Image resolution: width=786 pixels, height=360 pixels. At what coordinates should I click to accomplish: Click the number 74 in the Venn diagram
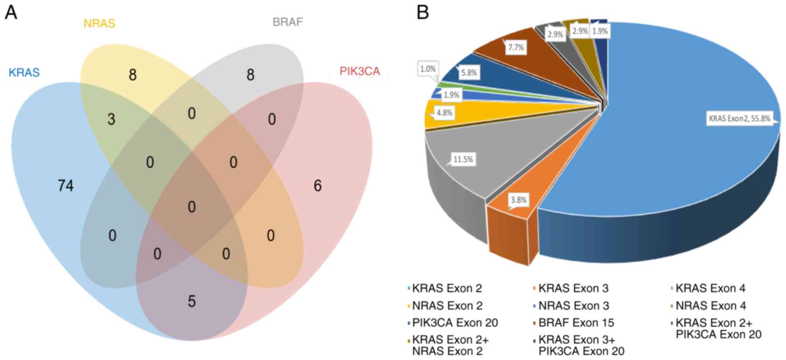[65, 186]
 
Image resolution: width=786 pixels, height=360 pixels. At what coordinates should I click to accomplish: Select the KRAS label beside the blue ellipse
[24, 73]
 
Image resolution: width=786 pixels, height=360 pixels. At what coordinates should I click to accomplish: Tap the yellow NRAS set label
[99, 24]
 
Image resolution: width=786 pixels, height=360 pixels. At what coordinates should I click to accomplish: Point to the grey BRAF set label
[287, 22]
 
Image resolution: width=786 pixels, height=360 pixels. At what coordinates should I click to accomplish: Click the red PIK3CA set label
[359, 72]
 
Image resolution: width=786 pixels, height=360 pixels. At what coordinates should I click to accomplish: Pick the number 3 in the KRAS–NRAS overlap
[111, 119]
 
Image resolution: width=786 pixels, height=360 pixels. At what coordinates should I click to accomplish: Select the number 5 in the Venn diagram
[192, 302]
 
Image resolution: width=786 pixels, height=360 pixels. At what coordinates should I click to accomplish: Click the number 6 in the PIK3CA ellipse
[318, 186]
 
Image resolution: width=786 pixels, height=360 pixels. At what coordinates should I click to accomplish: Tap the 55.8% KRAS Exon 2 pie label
[739, 119]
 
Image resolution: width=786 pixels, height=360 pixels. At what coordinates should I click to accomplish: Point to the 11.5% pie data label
[463, 159]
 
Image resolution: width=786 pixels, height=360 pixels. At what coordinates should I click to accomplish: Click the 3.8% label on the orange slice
[518, 200]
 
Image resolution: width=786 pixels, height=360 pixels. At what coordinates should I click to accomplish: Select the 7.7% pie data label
[516, 48]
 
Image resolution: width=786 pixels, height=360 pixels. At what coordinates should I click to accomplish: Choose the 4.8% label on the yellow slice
[444, 113]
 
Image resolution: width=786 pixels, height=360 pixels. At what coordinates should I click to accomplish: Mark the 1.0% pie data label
[428, 69]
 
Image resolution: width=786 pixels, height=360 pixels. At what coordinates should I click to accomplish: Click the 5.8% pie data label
[469, 72]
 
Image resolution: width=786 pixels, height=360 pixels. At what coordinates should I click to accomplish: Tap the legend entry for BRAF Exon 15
[576, 323]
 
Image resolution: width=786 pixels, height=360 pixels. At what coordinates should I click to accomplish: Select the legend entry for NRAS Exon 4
[710, 306]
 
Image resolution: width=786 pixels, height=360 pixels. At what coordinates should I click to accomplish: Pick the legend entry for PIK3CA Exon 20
[455, 323]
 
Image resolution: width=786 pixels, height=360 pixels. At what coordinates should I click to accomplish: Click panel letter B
[423, 12]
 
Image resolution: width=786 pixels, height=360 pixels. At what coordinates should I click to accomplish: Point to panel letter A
[11, 12]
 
